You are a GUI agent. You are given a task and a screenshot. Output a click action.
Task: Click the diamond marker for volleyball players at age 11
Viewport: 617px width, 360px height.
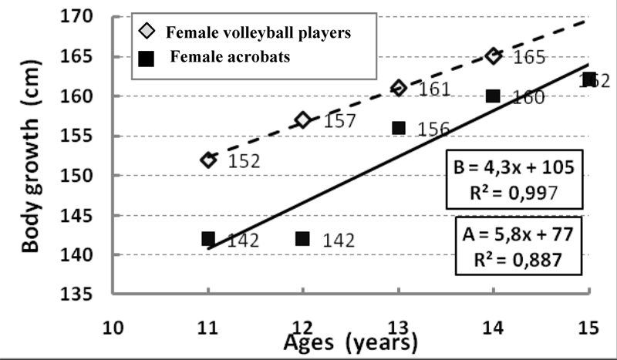208,160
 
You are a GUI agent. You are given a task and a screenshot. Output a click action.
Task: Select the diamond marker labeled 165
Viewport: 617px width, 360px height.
494,56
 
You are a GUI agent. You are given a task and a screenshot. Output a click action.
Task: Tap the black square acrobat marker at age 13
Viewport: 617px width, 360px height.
399,128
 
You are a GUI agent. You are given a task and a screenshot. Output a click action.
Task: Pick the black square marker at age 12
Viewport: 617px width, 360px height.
303,239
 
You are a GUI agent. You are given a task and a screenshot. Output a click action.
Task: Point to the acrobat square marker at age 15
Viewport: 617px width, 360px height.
588,79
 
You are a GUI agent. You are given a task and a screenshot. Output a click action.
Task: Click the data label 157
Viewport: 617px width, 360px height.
339,121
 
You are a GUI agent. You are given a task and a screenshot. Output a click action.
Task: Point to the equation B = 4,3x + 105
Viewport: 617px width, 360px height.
521,170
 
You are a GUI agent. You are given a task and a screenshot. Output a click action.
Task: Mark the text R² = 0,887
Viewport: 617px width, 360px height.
521,258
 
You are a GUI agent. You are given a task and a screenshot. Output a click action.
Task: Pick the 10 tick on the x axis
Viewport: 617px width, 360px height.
113,326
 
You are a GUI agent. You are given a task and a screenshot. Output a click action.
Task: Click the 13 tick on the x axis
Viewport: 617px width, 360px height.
399,326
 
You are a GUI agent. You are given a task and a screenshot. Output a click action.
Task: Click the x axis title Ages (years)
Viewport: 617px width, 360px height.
352,341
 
